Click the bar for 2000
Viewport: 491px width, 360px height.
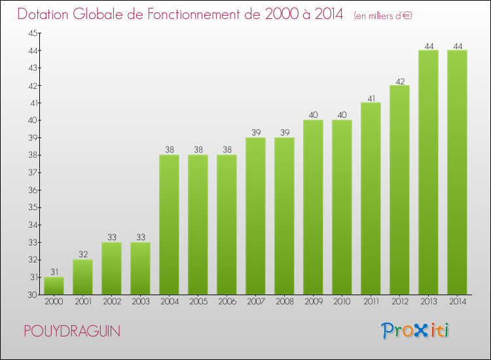[54, 286]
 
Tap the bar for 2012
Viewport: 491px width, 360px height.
[399, 190]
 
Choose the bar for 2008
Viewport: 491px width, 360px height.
[284, 216]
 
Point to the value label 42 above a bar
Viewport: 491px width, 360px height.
[399, 81]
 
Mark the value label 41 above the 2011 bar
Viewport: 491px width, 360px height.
[371, 98]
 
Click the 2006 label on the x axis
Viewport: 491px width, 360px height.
[227, 302]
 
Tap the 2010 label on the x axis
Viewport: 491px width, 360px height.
[342, 302]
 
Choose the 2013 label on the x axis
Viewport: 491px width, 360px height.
[428, 302]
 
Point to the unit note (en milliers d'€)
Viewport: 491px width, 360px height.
[383, 15]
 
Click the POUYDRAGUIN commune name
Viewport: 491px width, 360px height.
[71, 331]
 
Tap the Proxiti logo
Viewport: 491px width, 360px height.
[416, 331]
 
